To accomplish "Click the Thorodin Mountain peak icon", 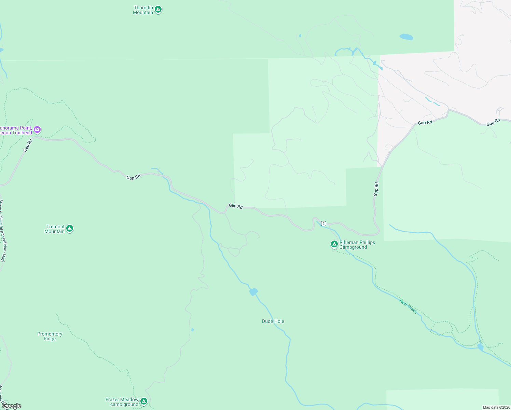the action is click(158, 10).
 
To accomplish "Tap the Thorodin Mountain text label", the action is click(143, 10).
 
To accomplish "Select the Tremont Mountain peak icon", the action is click(70, 229).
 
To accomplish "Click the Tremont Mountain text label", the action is click(55, 229).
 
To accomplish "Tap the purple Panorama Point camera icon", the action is click(37, 130).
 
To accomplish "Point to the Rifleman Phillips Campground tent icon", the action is click(334, 244).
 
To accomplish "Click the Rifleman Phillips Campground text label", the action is click(357, 245).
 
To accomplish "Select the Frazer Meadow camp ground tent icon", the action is click(144, 401).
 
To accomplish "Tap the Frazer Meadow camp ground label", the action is click(122, 402).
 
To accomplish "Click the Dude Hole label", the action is click(273, 321).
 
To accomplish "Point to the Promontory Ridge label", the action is click(50, 336).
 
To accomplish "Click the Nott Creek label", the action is click(409, 306).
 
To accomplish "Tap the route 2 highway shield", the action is click(323, 223).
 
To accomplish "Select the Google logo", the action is click(11, 406).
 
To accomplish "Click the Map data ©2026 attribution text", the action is click(496, 407).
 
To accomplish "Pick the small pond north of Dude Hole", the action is click(253, 292).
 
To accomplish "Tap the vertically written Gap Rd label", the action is click(376, 189).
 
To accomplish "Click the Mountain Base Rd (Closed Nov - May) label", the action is click(3, 231).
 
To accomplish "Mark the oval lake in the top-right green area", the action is click(406, 37).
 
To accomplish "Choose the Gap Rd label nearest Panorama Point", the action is click(28, 145).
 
